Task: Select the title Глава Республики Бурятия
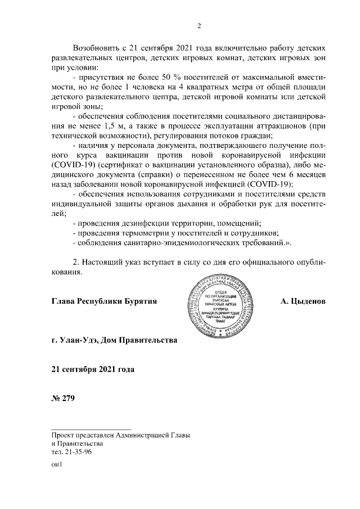click(x=103, y=301)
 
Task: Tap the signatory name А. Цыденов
click(x=303, y=301)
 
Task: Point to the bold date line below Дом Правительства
click(x=93, y=369)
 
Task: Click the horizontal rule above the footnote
click(x=91, y=428)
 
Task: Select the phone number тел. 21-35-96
click(x=72, y=452)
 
